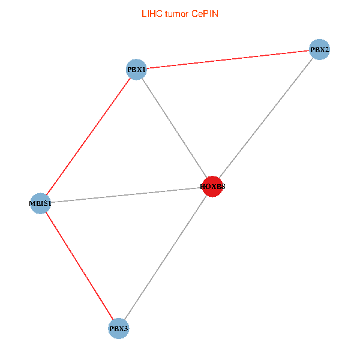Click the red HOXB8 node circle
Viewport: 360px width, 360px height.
coord(212,187)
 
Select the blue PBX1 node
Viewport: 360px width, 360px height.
coord(137,70)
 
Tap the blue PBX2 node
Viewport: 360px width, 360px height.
coord(319,49)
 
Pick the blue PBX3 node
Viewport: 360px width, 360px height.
coord(119,329)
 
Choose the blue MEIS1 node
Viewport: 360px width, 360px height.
coord(40,203)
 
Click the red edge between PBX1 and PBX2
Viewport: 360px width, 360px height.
coord(228,59)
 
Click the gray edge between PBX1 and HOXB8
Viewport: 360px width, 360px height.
coord(175,128)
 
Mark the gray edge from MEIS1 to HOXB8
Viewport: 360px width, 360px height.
coord(126,195)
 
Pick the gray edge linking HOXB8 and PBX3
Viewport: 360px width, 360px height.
coord(166,257)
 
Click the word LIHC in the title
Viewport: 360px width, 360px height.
coord(152,14)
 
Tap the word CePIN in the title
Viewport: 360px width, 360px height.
coord(205,14)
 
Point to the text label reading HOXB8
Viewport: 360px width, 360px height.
coord(213,187)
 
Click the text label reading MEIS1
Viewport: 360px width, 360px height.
coord(40,204)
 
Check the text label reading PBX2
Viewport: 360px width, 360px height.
coord(320,50)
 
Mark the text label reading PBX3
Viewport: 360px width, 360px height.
coord(119,329)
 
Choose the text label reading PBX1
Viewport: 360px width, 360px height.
coord(137,70)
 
